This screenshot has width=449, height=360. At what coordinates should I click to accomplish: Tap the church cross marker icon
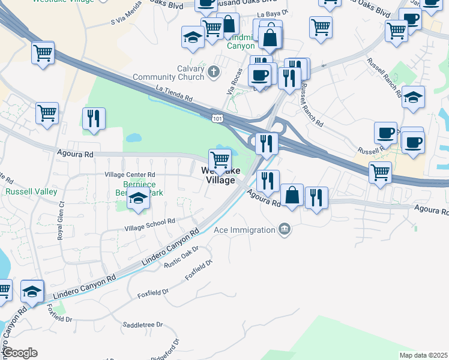(213, 73)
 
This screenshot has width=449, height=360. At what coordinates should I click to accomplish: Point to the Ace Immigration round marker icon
(285, 229)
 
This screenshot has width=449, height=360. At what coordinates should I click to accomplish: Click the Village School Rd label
(149, 224)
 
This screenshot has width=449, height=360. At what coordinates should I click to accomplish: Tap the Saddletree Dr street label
(143, 325)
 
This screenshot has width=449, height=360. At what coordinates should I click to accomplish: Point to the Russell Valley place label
(31, 192)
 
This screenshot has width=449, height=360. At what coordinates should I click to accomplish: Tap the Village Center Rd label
(130, 175)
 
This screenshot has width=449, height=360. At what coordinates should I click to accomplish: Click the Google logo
(20, 353)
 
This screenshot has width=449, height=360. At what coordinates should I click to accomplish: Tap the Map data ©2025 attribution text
(423, 355)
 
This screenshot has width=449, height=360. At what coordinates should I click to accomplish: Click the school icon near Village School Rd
(139, 199)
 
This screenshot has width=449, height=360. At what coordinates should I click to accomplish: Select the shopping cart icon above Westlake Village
(220, 160)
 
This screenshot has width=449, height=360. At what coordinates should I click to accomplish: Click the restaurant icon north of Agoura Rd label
(268, 179)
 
